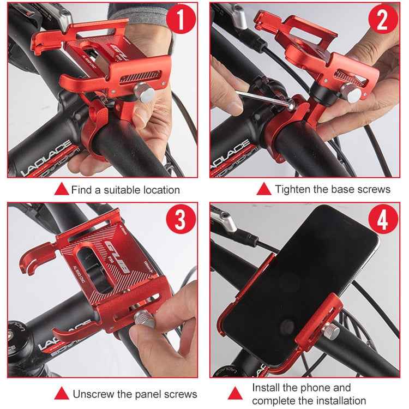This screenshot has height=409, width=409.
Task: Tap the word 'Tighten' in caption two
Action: pyautogui.click(x=293, y=189)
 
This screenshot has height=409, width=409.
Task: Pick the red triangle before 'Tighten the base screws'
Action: pyautogui.click(x=264, y=189)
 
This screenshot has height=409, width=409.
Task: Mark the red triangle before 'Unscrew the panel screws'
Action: pyautogui.click(x=62, y=394)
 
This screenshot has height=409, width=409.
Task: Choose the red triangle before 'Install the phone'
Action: pyautogui.click(x=235, y=394)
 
